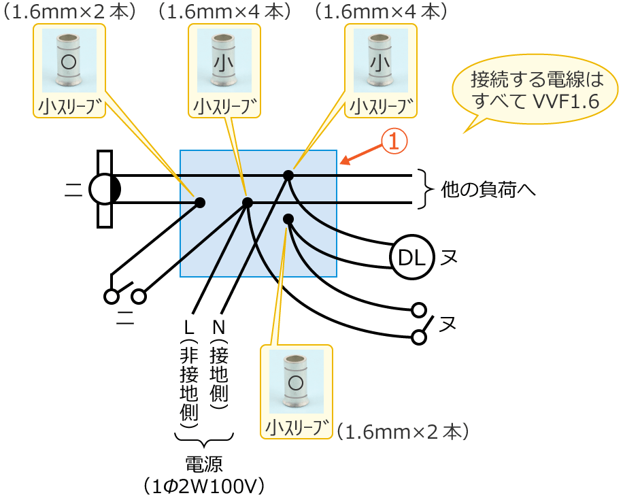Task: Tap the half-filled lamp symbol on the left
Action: pos(105,188)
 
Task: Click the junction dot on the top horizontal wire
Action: pos(288,175)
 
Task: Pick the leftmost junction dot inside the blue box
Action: pos(200,202)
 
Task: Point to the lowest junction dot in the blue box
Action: pos(288,218)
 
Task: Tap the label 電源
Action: pos(204,464)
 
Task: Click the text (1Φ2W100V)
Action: pos(204,486)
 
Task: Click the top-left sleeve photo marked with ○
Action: pos(69,61)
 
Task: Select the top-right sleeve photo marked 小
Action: pos(381,61)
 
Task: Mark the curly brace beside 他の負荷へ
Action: pos(426,188)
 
